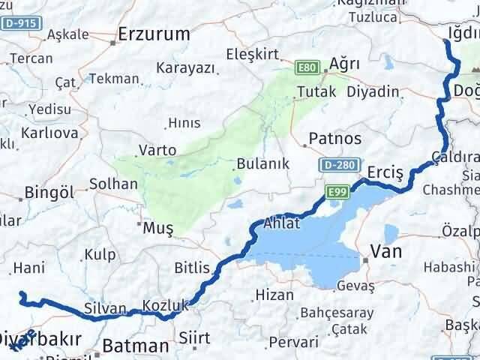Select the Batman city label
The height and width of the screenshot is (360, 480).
click(135, 346)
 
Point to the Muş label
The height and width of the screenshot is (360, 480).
click(158, 226)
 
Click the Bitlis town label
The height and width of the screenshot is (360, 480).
click(192, 267)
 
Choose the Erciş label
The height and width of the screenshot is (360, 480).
click(385, 172)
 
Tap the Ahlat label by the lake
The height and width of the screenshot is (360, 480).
click(282, 223)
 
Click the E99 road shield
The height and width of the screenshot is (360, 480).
click(337, 193)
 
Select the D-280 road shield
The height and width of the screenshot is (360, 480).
click(335, 164)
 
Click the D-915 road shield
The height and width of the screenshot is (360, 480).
click(19, 24)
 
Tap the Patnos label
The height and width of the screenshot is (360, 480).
click(336, 139)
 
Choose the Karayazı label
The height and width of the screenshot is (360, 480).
click(185, 67)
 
